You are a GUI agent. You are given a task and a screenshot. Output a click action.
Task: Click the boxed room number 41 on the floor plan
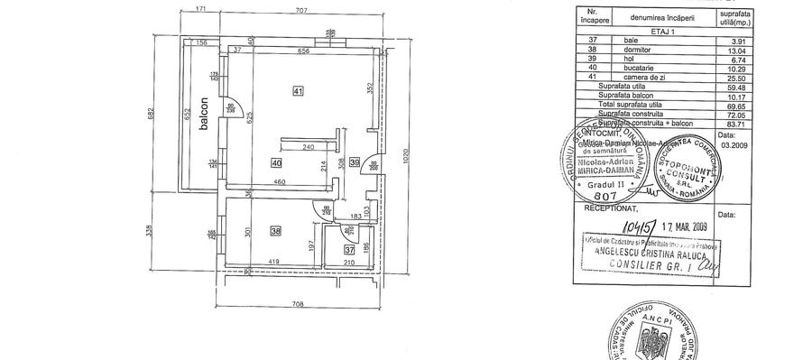pyautogui.click(x=299, y=89)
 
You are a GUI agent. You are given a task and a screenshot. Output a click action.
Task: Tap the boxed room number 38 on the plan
pyautogui.click(x=276, y=230)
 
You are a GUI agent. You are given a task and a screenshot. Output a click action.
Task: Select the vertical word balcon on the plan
pyautogui.click(x=206, y=115)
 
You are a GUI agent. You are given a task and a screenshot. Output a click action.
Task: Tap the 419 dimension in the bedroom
pyautogui.click(x=271, y=263)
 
